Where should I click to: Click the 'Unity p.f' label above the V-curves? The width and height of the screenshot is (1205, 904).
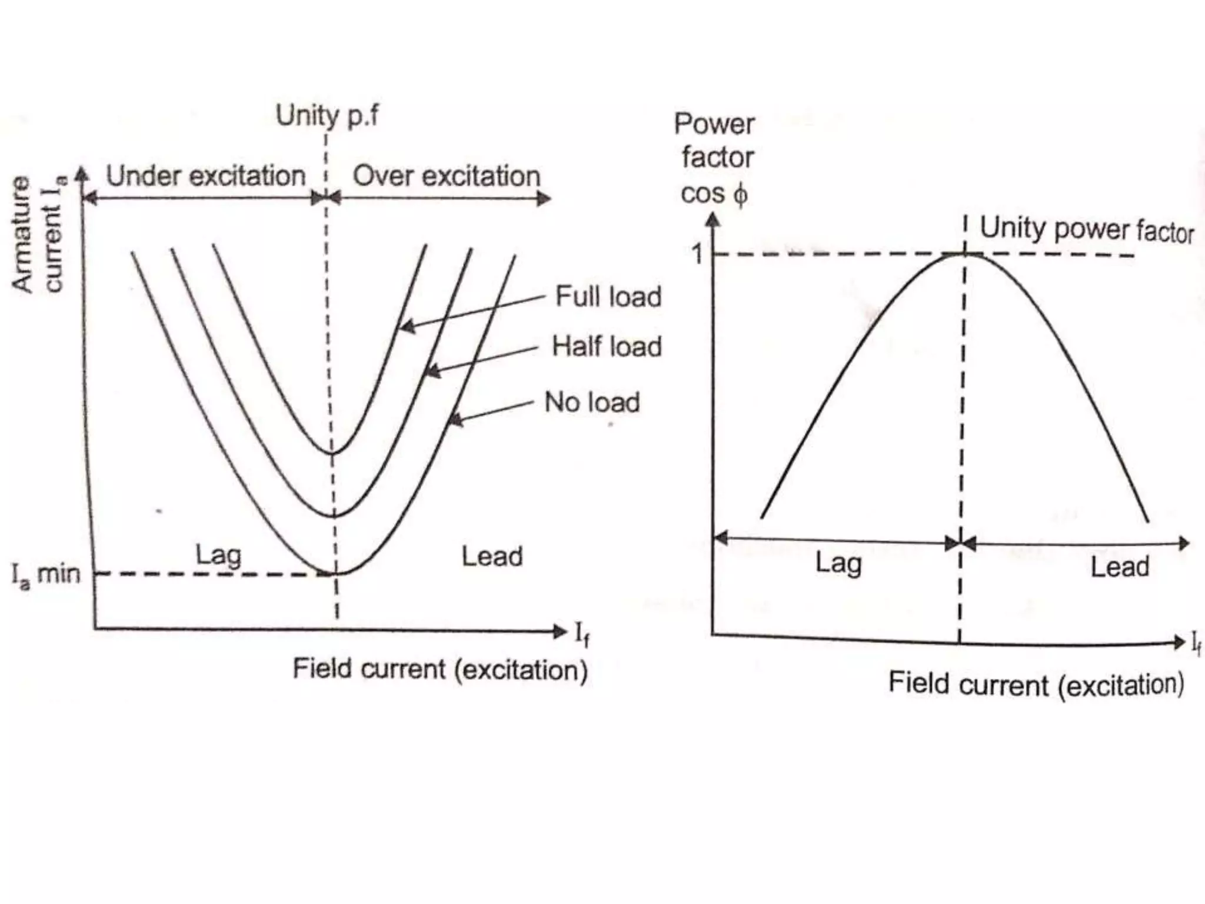pos(327,115)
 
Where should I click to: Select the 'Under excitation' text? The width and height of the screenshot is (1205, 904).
pos(206,176)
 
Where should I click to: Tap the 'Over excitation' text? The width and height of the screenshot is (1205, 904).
pos(447,176)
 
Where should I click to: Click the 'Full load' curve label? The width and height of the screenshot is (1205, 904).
pos(608,296)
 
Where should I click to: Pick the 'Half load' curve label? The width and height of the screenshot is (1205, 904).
pos(607,346)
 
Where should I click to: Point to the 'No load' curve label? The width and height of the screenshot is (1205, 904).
pos(592,403)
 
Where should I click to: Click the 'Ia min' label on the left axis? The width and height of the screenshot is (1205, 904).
pos(46,574)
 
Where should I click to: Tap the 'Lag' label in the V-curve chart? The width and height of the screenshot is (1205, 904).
pos(218,555)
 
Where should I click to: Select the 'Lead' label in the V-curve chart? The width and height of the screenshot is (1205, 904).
pos(492,556)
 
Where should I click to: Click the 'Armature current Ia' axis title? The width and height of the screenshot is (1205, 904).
pos(38,234)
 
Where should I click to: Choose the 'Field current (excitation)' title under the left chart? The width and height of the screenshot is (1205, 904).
pos(440,670)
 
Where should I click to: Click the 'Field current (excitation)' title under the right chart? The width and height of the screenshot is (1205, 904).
pos(1036,685)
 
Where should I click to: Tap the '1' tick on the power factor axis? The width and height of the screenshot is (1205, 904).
pos(697,254)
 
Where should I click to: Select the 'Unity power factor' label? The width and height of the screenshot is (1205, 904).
pos(1086,229)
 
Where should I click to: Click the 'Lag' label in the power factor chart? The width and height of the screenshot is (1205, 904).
pos(838,563)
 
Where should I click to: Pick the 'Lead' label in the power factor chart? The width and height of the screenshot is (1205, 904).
pos(1120,567)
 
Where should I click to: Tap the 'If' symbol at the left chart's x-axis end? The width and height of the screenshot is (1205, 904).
pos(582,634)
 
